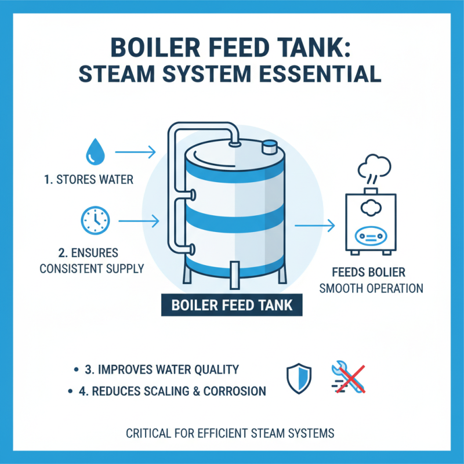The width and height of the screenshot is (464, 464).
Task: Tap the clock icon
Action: tap(93, 219)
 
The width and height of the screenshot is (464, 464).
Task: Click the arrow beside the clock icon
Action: tap(139, 220)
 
